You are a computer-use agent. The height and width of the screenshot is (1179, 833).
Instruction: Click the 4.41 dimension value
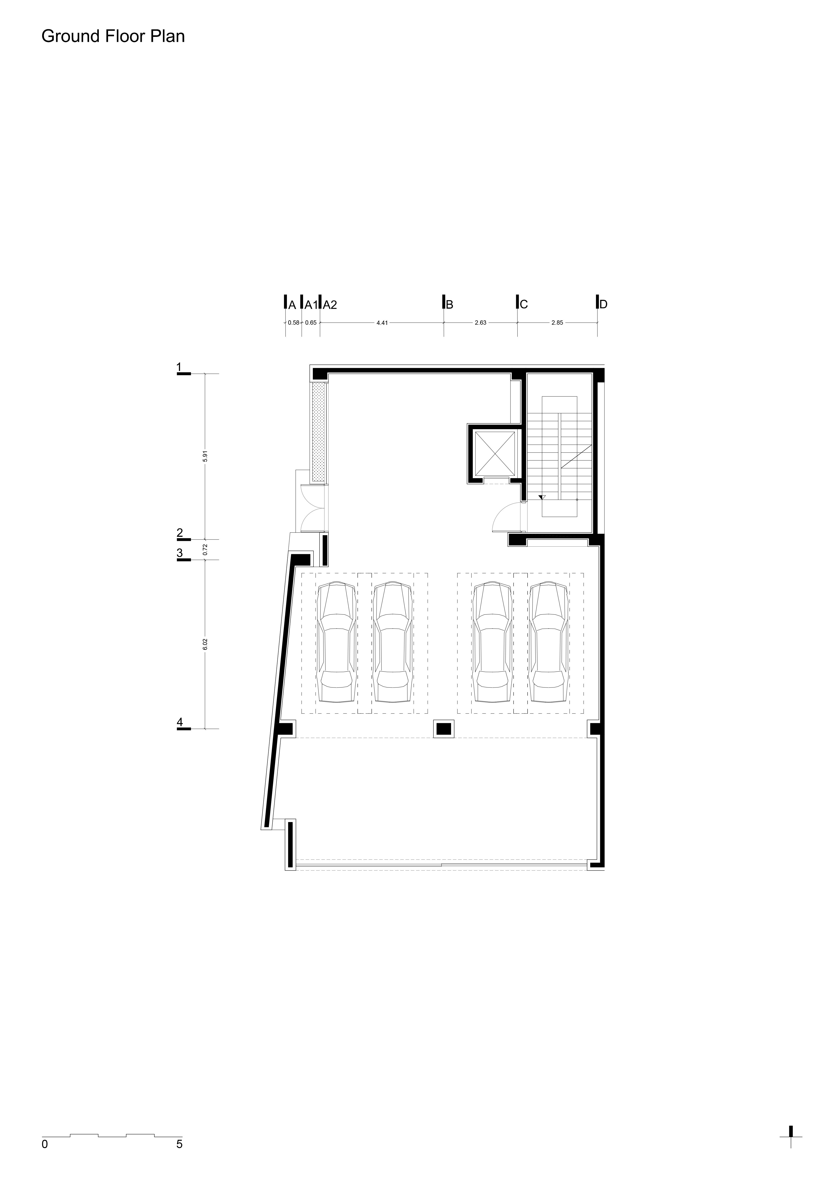[382, 323]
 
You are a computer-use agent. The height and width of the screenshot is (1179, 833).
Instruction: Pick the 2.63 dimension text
[481, 323]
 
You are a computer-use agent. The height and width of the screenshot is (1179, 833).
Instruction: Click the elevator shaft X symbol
[495, 453]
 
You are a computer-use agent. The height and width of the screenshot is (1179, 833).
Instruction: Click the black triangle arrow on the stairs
[542, 497]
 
